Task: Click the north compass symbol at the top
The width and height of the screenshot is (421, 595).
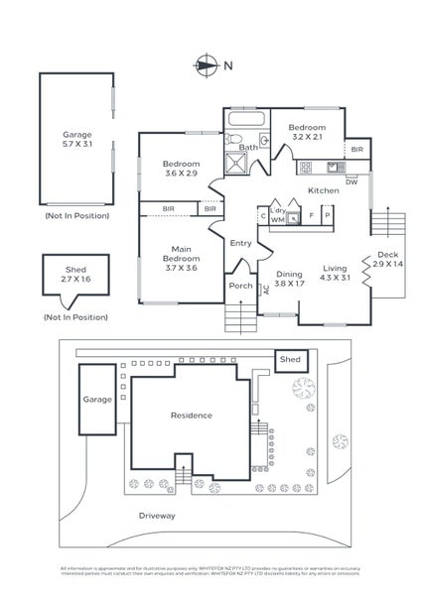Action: pos(207,65)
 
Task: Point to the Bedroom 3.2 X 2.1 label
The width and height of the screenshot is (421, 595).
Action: pos(307,133)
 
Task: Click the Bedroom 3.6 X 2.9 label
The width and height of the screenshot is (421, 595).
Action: pos(181,169)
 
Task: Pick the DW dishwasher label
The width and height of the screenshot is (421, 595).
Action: pos(351,181)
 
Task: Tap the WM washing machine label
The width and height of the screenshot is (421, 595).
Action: pos(278,221)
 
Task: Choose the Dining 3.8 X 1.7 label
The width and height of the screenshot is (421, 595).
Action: pos(288,278)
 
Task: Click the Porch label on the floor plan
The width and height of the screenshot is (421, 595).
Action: pos(241,286)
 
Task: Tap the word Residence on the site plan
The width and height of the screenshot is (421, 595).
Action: pos(191,415)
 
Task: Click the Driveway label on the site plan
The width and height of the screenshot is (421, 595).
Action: pos(158,516)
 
